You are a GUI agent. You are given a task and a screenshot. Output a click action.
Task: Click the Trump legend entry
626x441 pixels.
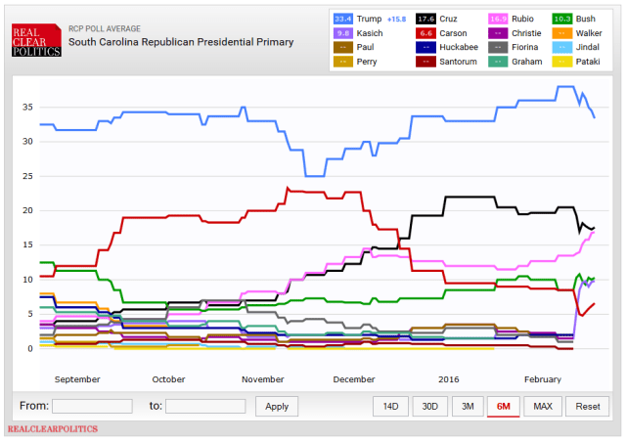(371, 17)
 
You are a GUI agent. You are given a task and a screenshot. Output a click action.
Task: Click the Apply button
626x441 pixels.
(277, 406)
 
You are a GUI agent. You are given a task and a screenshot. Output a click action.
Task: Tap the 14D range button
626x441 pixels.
(390, 406)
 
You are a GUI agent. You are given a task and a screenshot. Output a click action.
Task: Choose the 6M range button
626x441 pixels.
(504, 406)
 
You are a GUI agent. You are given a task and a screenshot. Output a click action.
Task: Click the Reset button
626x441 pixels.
(587, 406)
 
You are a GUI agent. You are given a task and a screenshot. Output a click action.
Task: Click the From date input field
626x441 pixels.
(92, 406)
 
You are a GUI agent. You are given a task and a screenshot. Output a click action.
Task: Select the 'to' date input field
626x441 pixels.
(205, 406)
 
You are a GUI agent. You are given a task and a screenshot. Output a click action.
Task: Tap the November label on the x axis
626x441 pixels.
(261, 378)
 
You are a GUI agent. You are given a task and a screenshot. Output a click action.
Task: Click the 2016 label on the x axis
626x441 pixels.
(448, 378)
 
